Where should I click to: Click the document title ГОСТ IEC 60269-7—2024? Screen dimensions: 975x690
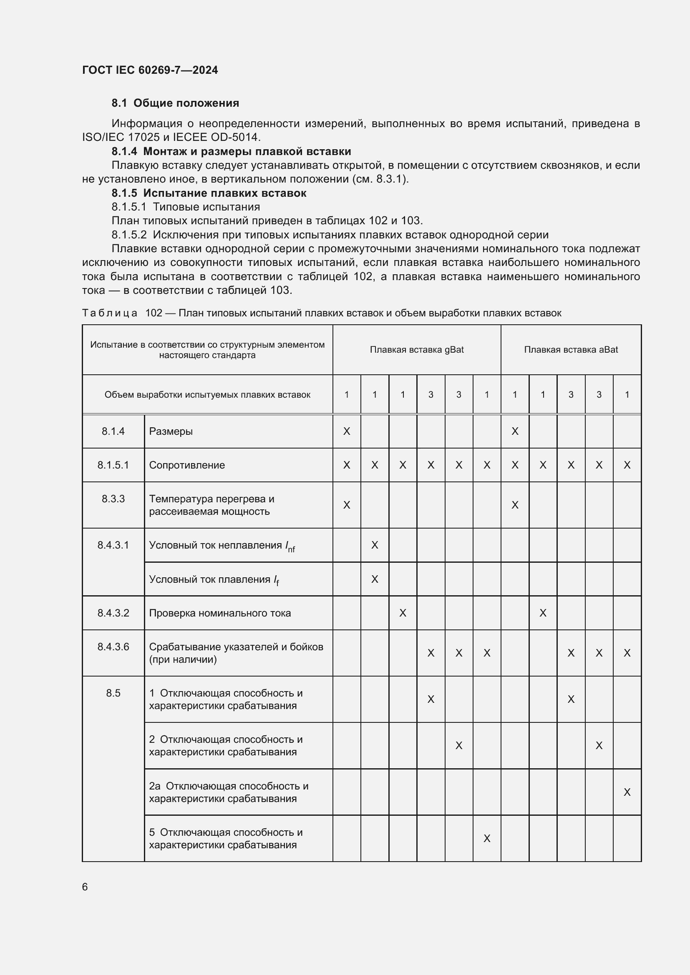click(x=150, y=70)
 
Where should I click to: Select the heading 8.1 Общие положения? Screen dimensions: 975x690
click(x=175, y=103)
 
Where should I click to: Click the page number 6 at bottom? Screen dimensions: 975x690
click(x=85, y=887)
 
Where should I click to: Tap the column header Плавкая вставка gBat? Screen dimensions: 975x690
click(x=416, y=349)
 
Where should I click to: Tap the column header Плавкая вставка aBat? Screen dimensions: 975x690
click(x=571, y=349)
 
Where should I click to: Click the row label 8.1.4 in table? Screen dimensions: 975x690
click(x=113, y=431)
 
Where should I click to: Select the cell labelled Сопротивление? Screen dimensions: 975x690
click(x=187, y=465)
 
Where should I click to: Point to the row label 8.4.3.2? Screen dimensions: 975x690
click(x=113, y=613)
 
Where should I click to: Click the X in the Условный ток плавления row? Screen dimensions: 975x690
click(x=374, y=579)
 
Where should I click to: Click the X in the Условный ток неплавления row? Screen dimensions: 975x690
click(x=374, y=545)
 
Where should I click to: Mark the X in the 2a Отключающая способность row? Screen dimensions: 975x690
click(x=627, y=792)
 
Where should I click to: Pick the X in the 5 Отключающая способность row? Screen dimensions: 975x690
click(x=487, y=838)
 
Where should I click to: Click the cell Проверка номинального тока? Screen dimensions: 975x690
click(x=220, y=613)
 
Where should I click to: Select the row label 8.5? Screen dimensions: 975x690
click(x=113, y=693)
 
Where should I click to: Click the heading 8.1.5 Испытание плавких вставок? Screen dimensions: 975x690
click(x=209, y=193)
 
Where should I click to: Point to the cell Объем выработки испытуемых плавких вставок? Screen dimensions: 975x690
click(x=207, y=394)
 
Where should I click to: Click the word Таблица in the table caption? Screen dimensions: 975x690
click(x=110, y=313)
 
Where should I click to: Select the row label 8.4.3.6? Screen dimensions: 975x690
click(x=113, y=647)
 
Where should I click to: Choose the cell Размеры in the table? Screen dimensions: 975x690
click(x=171, y=431)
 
